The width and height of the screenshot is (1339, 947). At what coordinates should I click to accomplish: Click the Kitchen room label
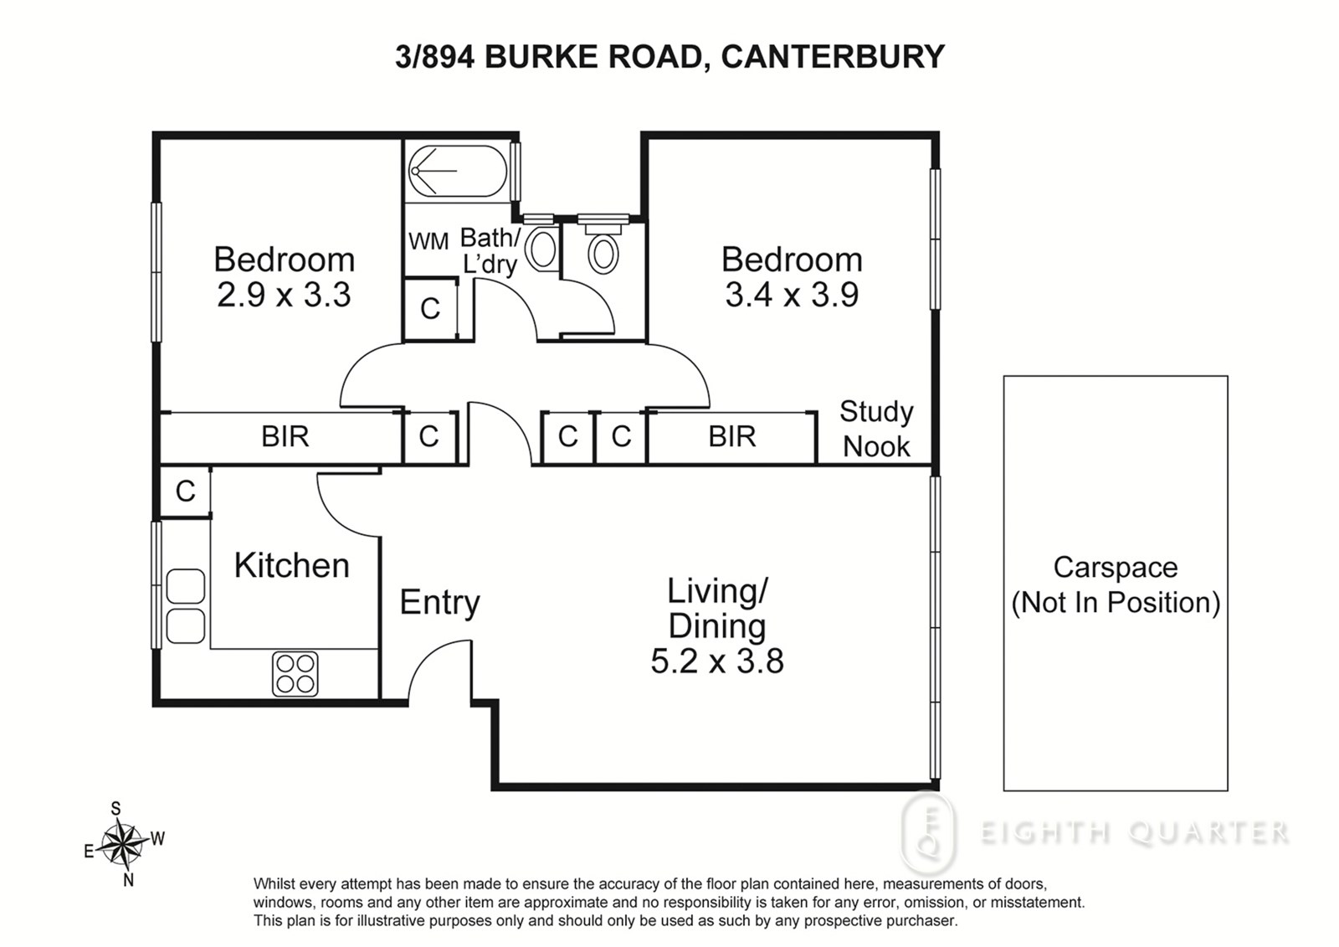tap(292, 565)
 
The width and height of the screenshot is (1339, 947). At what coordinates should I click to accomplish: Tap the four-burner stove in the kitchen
tap(295, 673)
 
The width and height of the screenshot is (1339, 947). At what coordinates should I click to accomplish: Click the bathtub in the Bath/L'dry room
tap(458, 171)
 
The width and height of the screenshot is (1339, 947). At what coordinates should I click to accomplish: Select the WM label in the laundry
tap(428, 242)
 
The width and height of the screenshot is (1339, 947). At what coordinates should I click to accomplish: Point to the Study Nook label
tap(876, 429)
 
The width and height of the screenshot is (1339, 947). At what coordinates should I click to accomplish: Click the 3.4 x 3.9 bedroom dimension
tap(792, 295)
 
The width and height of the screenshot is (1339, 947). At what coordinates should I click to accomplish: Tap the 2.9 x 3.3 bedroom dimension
tap(284, 295)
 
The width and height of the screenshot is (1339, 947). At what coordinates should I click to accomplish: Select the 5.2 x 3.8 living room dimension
tap(717, 661)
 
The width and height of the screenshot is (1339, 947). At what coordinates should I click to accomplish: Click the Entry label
tap(440, 602)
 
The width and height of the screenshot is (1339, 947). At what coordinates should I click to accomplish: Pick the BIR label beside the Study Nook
tap(732, 437)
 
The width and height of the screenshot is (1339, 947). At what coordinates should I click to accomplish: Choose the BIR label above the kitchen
tap(285, 437)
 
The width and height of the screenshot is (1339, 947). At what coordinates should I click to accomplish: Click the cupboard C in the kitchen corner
tap(185, 492)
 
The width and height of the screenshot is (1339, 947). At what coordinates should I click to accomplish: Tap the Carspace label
tap(1116, 568)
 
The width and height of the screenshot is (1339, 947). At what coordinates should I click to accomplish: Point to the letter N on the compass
tap(128, 880)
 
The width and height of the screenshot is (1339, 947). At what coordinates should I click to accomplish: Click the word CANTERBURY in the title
tap(833, 57)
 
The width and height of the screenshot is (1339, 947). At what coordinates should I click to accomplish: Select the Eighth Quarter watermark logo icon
tap(928, 833)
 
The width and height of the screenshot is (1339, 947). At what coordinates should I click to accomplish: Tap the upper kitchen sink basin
tap(185, 586)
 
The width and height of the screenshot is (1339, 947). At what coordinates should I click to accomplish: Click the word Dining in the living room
tap(717, 626)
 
